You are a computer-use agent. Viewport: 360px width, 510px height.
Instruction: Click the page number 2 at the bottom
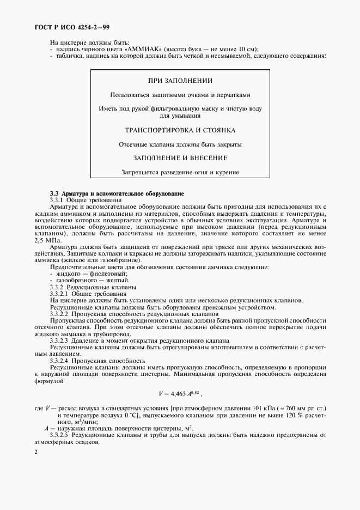[x=36, y=452]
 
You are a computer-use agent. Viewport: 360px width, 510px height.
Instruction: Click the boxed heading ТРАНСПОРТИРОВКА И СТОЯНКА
[x=180, y=130]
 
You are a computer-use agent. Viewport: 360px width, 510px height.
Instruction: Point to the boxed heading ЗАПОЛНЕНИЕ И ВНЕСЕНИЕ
[x=180, y=157]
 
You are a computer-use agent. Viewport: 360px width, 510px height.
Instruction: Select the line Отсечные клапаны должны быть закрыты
[x=180, y=144]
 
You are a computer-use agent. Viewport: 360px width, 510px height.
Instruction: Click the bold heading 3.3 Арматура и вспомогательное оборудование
[x=117, y=193]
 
